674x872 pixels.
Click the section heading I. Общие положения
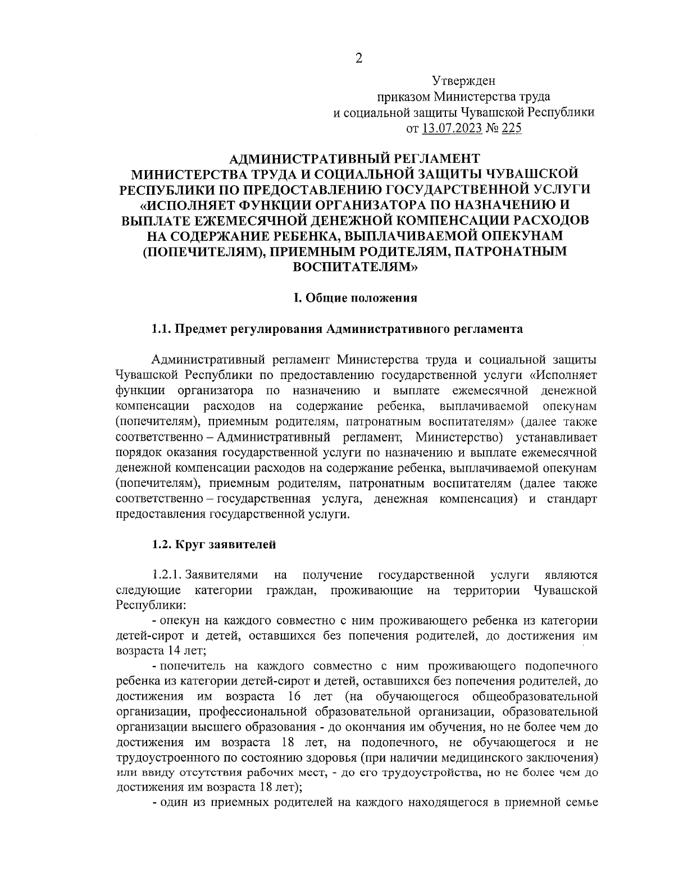pos(356,298)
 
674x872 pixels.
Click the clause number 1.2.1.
pos(167,575)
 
